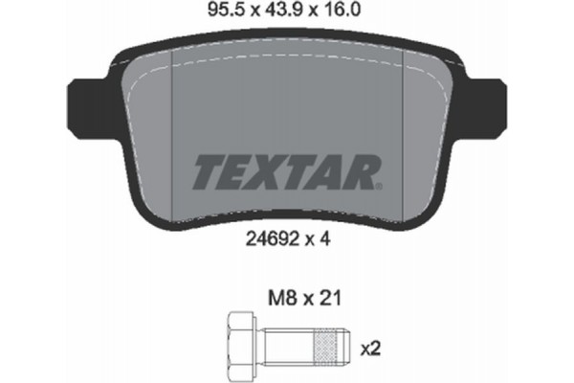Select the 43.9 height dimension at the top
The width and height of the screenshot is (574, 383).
291,14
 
